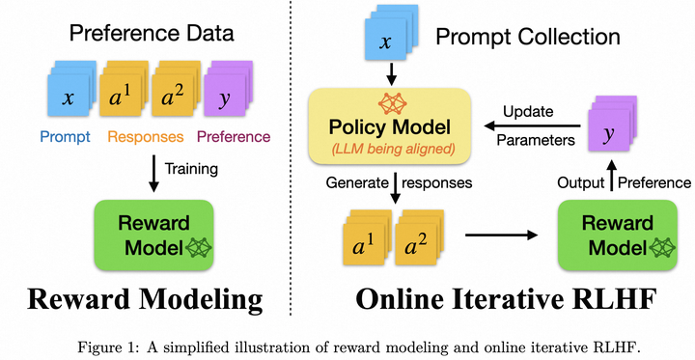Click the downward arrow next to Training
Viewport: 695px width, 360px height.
[x=152, y=170]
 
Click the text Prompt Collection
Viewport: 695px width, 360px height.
[x=526, y=38]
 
